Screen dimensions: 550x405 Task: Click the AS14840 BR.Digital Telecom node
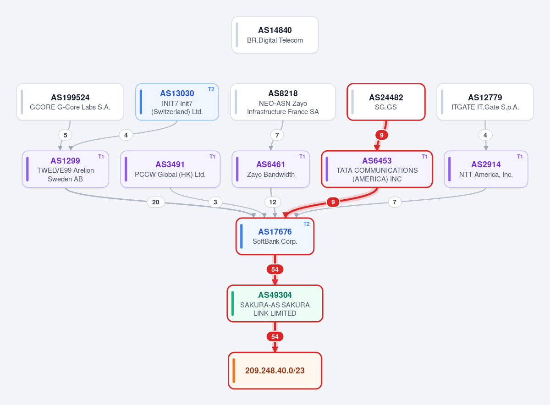(x=275, y=35)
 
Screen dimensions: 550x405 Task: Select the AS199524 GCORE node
(x=70, y=102)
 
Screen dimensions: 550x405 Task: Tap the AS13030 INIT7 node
(x=177, y=102)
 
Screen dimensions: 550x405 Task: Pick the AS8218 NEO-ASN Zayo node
(x=283, y=102)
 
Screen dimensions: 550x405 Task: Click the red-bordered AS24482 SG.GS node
(x=386, y=102)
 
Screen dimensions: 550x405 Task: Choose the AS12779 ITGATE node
(x=485, y=102)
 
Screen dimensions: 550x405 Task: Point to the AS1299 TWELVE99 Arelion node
(x=65, y=169)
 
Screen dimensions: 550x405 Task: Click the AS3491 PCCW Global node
(x=170, y=169)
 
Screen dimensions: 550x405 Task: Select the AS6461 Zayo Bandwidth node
(x=271, y=169)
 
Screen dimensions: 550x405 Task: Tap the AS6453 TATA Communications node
(x=377, y=169)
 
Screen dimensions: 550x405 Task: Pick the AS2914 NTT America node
(x=486, y=169)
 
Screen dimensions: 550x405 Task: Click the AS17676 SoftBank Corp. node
(x=275, y=236)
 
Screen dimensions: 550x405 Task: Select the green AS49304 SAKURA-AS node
(x=275, y=303)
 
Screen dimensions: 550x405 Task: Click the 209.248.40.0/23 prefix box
(x=275, y=371)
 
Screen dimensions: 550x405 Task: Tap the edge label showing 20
(x=156, y=202)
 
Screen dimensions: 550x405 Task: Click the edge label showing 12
(x=273, y=202)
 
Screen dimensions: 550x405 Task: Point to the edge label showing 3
(x=215, y=202)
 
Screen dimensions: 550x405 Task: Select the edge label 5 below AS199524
(x=65, y=135)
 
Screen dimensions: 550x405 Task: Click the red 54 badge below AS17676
(x=275, y=269)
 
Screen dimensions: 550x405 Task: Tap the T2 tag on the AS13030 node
(x=211, y=89)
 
